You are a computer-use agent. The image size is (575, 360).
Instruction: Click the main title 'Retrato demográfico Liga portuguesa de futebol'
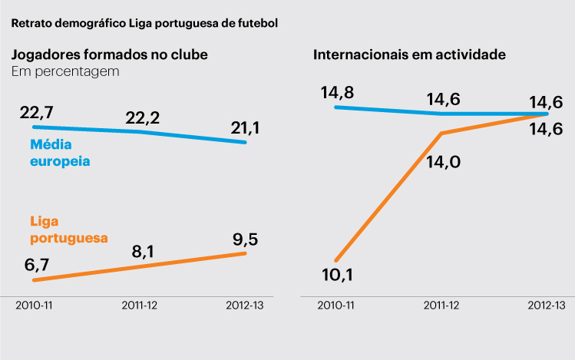[x=144, y=22]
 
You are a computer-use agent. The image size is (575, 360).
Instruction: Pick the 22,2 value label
[x=142, y=117]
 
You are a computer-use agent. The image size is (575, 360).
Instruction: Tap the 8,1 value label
[x=143, y=252]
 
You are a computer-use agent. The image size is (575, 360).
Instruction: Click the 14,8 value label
[x=338, y=93]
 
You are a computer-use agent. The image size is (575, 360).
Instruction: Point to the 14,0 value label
[x=443, y=162]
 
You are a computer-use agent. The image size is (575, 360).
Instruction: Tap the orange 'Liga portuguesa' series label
[x=68, y=229]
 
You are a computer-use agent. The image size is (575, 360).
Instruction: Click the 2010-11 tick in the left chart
[x=35, y=305]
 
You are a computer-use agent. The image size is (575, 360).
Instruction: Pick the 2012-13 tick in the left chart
[x=245, y=305]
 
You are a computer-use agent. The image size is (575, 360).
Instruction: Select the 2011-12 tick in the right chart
[x=442, y=305]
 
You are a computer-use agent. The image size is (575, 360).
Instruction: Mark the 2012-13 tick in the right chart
[x=547, y=305]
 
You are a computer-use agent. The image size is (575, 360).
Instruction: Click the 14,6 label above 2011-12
[x=444, y=99]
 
